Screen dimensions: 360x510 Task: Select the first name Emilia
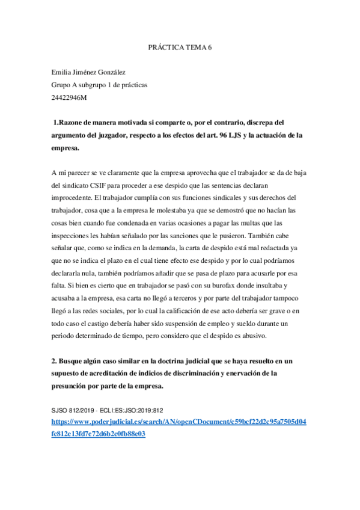[x=62, y=72]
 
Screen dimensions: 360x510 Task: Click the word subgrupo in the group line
[x=92, y=85]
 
